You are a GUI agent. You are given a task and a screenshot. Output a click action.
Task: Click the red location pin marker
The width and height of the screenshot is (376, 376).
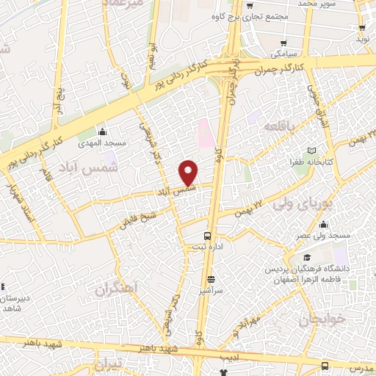click(189, 173)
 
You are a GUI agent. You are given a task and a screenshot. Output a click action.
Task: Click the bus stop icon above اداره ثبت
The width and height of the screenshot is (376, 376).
click(209, 236)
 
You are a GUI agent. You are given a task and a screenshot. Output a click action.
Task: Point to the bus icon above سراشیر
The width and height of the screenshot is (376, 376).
click(211, 278)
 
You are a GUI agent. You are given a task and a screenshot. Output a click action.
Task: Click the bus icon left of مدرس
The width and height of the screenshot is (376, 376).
click(325, 366)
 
